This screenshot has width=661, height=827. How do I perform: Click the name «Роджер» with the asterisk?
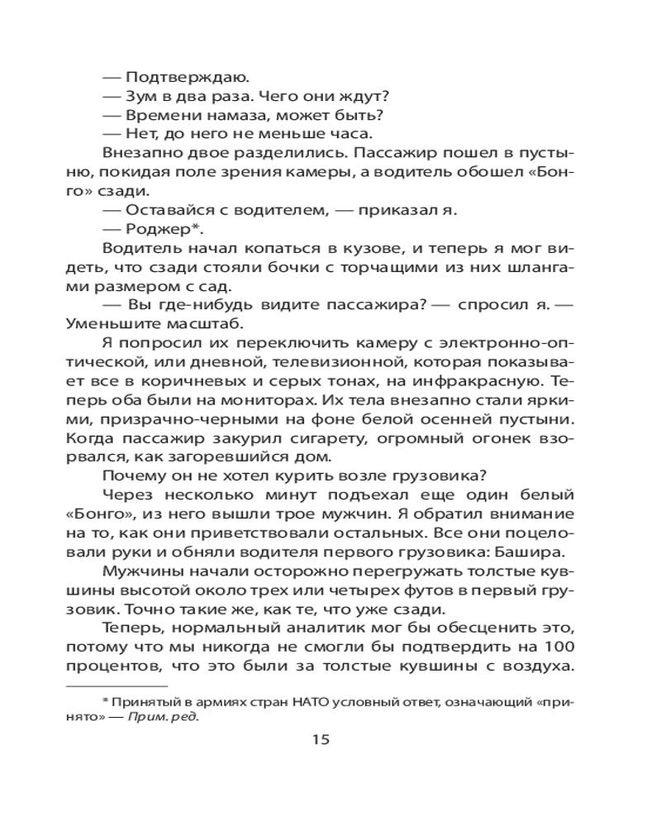click(162, 230)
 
